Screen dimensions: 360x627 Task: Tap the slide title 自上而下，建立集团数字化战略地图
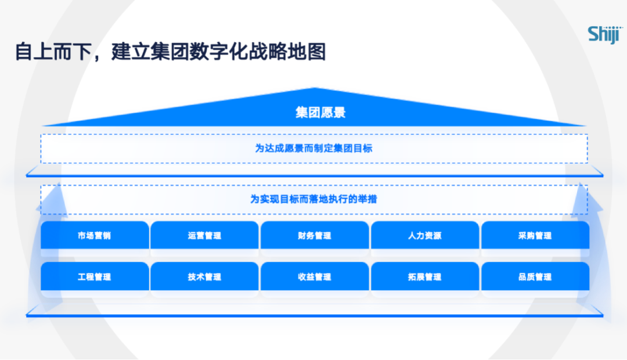tap(170, 52)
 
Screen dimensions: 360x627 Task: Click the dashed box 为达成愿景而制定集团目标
tap(313, 148)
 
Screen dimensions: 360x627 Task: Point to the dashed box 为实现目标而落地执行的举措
tap(313, 199)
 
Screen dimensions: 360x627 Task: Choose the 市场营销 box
tap(94, 236)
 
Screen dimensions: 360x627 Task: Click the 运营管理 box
tap(204, 236)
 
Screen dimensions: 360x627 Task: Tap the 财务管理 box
tap(314, 236)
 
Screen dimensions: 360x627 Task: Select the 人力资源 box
tap(424, 236)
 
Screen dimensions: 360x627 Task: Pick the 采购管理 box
tap(535, 236)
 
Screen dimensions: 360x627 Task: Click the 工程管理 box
tap(94, 277)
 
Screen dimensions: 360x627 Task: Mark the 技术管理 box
tap(204, 277)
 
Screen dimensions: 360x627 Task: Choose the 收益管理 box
tap(314, 277)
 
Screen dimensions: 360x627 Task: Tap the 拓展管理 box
tap(424, 277)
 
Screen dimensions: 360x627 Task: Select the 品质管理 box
tap(535, 277)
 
